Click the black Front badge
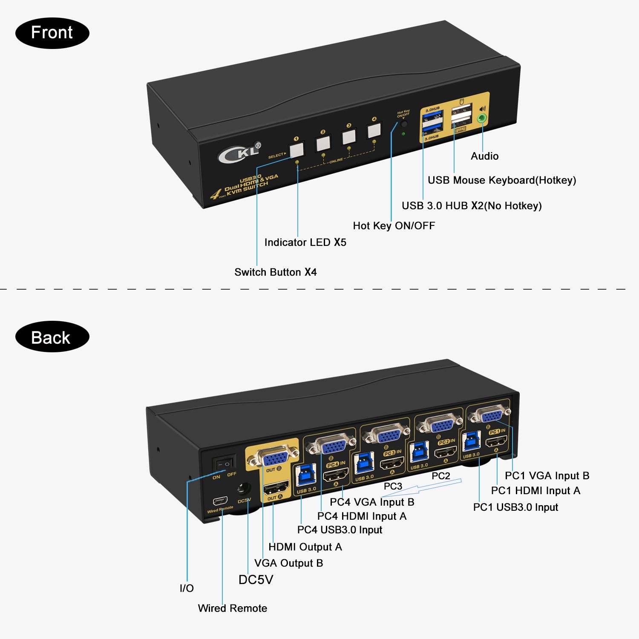pyautogui.click(x=52, y=33)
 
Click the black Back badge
pyautogui.click(x=52, y=337)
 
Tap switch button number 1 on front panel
pyautogui.click(x=296, y=150)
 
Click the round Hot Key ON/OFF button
pyautogui.click(x=403, y=124)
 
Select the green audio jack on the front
pyautogui.click(x=482, y=118)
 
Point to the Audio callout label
pyautogui.click(x=484, y=156)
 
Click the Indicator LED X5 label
pyautogui.click(x=305, y=242)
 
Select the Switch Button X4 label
pyautogui.click(x=275, y=272)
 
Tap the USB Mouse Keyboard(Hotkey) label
pyautogui.click(x=501, y=180)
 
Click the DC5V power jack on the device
pyautogui.click(x=244, y=488)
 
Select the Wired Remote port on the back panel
pyautogui.click(x=220, y=500)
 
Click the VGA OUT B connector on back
pyautogui.click(x=273, y=458)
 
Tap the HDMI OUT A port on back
pyautogui.click(x=276, y=486)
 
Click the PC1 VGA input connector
pyautogui.click(x=488, y=414)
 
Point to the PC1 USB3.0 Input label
pyautogui.click(x=515, y=507)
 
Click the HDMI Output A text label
pyautogui.click(x=305, y=547)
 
